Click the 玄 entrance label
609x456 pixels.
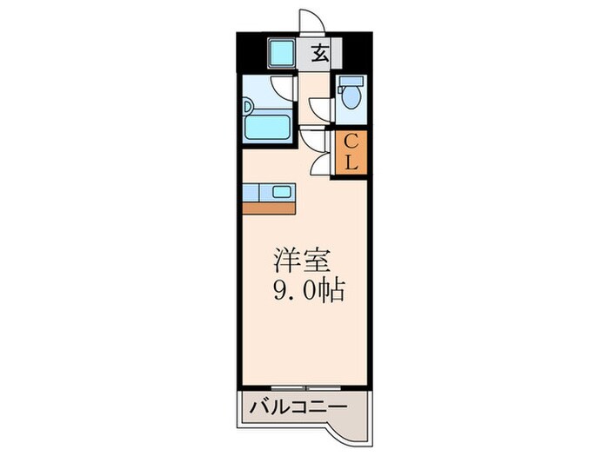(320, 55)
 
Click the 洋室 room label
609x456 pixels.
(301, 261)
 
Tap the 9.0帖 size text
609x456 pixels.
(310, 289)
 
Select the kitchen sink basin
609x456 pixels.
(283, 192)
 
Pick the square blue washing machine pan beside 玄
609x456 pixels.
(280, 55)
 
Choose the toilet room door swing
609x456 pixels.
(321, 106)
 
